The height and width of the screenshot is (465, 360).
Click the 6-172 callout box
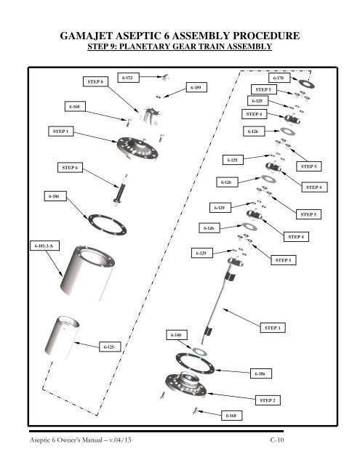[x=128, y=78]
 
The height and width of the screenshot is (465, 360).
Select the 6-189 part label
[x=196, y=87]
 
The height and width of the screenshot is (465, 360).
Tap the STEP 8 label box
[x=95, y=81]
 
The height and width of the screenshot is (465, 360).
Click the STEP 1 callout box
[x=61, y=132]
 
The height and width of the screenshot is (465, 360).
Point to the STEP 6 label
[x=70, y=168]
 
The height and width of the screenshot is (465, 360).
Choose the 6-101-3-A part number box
[x=44, y=246]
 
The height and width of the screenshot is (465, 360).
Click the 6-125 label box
[x=110, y=347]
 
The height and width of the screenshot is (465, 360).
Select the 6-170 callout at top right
[x=279, y=78]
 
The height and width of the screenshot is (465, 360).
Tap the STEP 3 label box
[x=273, y=328]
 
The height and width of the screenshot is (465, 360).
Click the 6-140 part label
[x=177, y=335]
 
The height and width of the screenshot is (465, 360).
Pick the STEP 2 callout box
[x=268, y=400]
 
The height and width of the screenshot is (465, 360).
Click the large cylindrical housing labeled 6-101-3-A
[x=87, y=273]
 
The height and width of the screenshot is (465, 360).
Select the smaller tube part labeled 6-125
[x=62, y=336]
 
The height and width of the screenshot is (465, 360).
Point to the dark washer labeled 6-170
[x=307, y=84]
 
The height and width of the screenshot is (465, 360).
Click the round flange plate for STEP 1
[x=137, y=148]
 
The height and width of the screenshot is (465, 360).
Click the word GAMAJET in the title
[x=87, y=36]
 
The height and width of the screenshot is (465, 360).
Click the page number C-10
[x=277, y=440]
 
